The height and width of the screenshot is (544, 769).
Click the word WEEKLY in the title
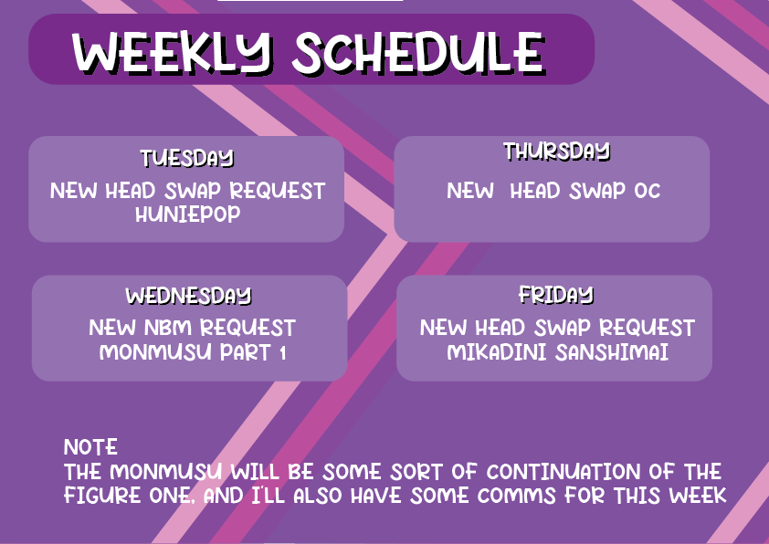172,52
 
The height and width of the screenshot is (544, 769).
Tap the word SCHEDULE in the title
418,52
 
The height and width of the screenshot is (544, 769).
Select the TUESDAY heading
187,158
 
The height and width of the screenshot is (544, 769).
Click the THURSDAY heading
556,151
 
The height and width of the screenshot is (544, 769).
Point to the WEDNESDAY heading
189,296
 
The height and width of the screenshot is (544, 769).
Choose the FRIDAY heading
556,295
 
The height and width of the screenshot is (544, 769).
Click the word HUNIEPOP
188,214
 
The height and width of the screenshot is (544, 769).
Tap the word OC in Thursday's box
648,191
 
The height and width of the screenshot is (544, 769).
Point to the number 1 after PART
282,352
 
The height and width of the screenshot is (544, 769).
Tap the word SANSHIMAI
612,352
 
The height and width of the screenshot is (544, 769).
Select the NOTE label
90,447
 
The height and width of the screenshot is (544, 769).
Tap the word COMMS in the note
516,495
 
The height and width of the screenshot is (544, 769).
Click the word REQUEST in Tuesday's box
277,191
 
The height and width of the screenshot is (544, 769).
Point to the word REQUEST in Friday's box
647,328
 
